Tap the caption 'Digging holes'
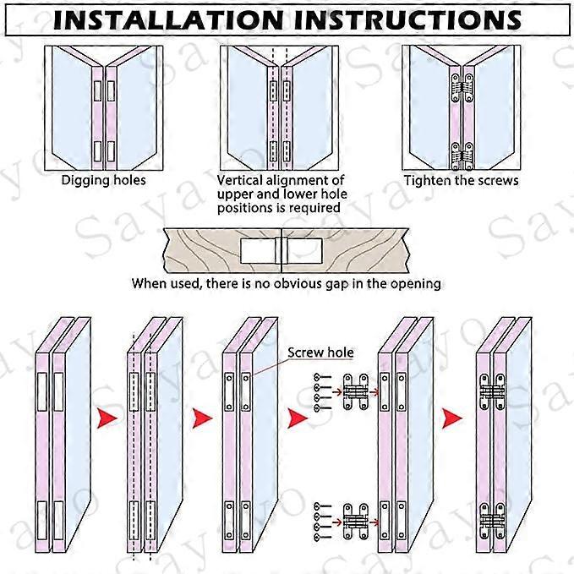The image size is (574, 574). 103,180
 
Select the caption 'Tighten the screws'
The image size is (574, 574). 461,180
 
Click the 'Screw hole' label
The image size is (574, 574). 320,353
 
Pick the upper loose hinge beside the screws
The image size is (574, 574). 356,391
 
